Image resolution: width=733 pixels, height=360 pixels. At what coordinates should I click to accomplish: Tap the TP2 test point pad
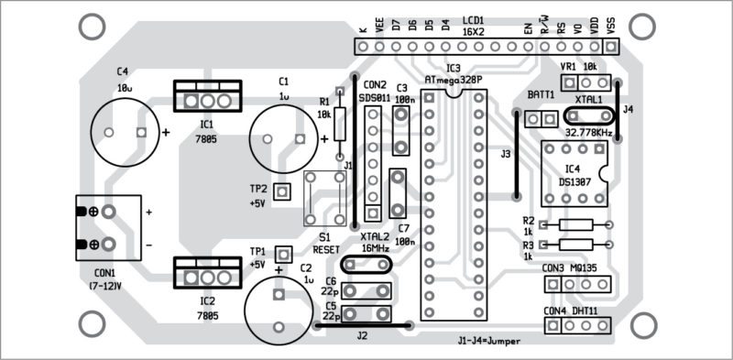tap(282, 191)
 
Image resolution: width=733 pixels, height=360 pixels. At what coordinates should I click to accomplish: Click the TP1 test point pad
tap(283, 255)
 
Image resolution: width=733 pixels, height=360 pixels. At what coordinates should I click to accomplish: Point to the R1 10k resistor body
tap(340, 124)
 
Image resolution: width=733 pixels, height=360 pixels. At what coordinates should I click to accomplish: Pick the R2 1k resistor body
tap(576, 224)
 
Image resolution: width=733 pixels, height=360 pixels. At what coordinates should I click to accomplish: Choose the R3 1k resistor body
tap(576, 244)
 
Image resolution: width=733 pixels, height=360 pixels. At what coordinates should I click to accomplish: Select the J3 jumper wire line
tap(517, 155)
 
